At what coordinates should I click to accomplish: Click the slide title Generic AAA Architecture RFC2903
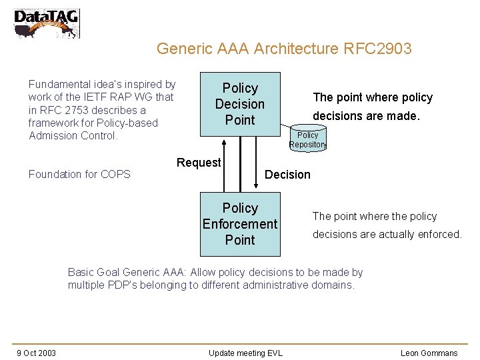pos(283,49)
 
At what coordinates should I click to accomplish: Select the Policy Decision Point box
pos(240,104)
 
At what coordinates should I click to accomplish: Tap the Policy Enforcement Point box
pos(240,224)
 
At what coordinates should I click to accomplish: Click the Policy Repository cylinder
pos(307,139)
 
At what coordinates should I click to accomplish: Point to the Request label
pos(198,163)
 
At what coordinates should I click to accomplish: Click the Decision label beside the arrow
pos(287,175)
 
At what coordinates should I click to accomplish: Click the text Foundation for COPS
pos(79,175)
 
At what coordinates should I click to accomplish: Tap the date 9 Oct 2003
pos(36,353)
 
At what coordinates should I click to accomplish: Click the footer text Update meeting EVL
pos(245,353)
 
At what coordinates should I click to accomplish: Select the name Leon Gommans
pos(429,353)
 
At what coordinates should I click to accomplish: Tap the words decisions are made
pos(366,116)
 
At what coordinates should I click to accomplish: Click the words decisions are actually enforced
pos(387,234)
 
